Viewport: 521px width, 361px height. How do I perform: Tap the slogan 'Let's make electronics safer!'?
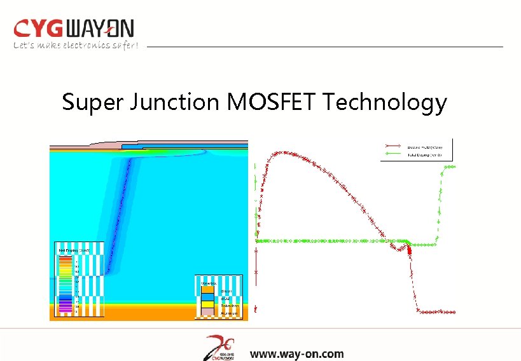76,45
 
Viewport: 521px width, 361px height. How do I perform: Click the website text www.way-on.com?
296,354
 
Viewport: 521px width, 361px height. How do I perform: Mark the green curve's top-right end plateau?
449,167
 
